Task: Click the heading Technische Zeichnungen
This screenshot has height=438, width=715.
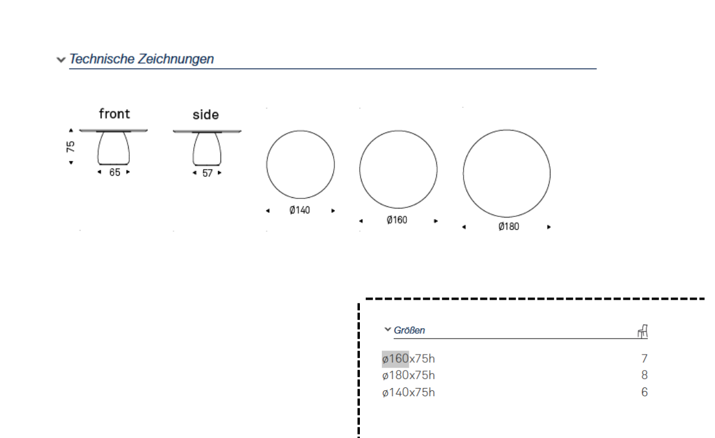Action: tap(141, 59)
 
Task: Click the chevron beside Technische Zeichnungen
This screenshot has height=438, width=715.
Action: tap(61, 60)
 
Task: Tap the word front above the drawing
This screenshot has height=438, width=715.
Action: tap(114, 114)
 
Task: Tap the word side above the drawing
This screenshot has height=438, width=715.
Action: tap(206, 115)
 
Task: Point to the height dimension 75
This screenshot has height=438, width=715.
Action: tap(70, 147)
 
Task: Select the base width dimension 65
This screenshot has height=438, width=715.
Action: tap(114, 172)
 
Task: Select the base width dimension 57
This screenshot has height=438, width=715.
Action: tap(207, 173)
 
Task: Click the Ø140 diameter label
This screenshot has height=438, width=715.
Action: tap(299, 210)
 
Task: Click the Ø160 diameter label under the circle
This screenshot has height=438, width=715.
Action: tap(397, 220)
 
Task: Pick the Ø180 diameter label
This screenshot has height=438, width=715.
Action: tap(508, 226)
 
